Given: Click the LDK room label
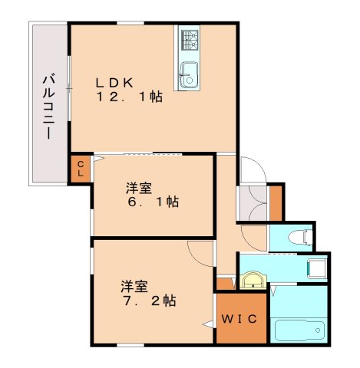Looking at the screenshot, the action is (114, 83).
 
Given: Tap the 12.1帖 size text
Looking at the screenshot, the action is (129, 97).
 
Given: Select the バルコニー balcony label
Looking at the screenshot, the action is (48, 107).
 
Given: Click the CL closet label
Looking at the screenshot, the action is (81, 169).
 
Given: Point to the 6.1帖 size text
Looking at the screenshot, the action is (153, 202).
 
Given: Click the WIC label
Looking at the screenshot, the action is (239, 319).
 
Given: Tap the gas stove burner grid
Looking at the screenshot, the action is (190, 40).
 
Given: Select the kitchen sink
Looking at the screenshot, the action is (189, 75).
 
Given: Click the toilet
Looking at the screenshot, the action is (300, 237).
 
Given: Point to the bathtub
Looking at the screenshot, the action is (299, 330).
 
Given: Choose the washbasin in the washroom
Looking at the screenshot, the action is (253, 279).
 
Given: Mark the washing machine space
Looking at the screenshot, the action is (317, 268).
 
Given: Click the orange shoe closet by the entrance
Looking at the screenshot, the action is (276, 203).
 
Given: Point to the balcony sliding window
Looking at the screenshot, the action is (68, 88).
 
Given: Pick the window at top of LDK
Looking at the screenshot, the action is (130, 23).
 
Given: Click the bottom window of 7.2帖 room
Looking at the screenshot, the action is (130, 345).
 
